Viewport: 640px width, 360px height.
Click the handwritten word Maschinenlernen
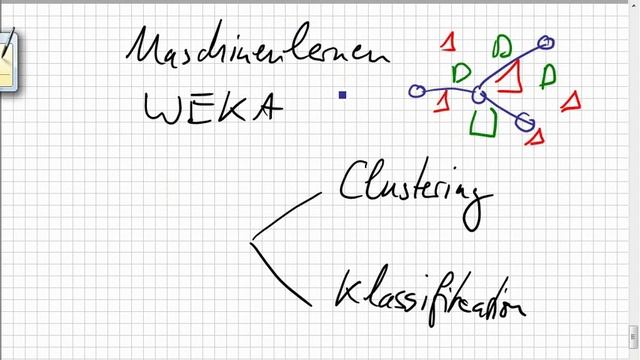point(257,46)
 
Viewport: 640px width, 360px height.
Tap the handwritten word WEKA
point(213,108)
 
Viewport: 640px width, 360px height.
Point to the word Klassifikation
point(429,295)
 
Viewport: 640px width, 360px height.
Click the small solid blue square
point(342,95)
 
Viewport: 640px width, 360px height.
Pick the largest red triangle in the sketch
point(510,78)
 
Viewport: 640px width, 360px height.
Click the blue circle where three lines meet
point(479,95)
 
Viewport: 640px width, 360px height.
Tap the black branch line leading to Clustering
point(286,216)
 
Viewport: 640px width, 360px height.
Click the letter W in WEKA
point(162,109)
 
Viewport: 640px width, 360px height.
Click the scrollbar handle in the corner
point(633,336)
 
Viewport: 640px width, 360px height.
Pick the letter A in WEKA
point(267,107)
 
